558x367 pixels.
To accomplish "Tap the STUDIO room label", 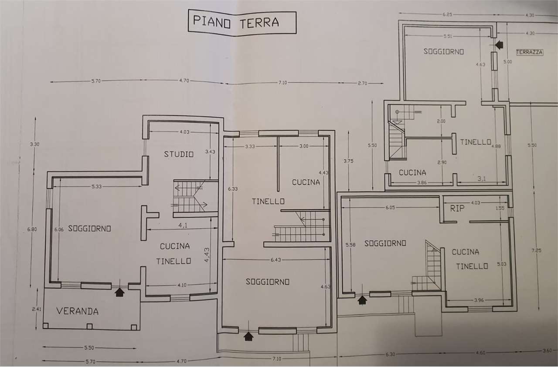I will point(178,154).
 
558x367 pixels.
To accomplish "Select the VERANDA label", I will point(77,311).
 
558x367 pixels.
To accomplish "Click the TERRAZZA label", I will point(529,52).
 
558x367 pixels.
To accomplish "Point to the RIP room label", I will point(455,209).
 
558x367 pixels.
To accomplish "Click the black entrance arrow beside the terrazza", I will point(499,44).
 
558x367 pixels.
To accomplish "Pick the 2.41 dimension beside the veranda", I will point(37,310).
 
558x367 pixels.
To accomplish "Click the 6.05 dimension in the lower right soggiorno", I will point(390,208).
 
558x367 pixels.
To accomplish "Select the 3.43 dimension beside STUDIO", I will point(210,152).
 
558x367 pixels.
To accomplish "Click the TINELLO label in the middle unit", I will point(268,201).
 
